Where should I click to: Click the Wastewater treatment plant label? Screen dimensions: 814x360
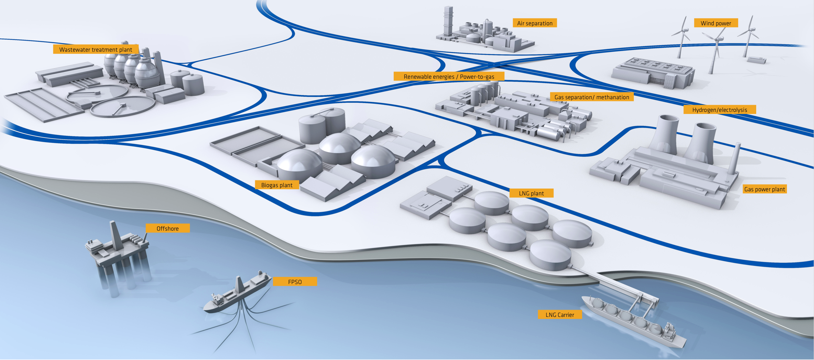click(x=96, y=49)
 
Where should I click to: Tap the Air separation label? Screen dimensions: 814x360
click(x=535, y=23)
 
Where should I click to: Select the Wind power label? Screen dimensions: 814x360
click(x=716, y=23)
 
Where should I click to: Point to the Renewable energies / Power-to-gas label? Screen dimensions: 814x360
click(x=449, y=76)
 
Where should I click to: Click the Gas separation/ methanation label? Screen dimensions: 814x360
click(x=592, y=97)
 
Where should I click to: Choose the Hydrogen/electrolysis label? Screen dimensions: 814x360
click(x=720, y=110)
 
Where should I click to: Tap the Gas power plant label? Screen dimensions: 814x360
click(x=765, y=189)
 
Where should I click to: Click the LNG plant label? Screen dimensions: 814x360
click(x=531, y=193)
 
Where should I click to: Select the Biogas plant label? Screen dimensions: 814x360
click(x=277, y=185)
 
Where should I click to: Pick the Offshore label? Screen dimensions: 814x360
click(x=168, y=228)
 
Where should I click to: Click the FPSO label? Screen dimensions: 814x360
click(x=295, y=282)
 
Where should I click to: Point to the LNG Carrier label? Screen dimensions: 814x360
click(x=560, y=314)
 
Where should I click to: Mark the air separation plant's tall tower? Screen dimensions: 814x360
click(x=448, y=21)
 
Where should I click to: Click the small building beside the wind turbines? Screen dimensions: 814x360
click(x=757, y=60)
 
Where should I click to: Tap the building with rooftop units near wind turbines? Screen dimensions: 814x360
click(x=653, y=73)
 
